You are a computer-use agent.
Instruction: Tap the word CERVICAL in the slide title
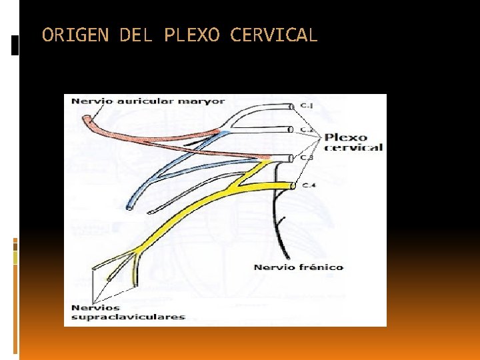[274, 35]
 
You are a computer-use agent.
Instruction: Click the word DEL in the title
[135, 35]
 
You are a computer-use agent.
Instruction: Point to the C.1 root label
[307, 106]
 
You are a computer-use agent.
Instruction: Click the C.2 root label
[307, 129]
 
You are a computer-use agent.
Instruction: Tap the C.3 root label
[307, 158]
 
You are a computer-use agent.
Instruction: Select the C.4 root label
[308, 185]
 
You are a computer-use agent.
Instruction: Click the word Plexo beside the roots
[345, 138]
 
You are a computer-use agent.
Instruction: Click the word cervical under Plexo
[353, 147]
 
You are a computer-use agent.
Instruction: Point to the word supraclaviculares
[128, 317]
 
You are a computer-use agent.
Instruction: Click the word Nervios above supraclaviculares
[95, 307]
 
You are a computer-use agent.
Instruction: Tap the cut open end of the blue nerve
[130, 207]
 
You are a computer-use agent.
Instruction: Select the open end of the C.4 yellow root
[292, 185]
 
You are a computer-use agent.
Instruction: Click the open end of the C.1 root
[291, 106]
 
